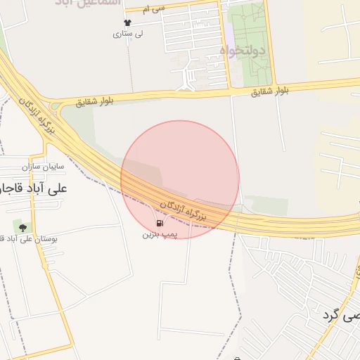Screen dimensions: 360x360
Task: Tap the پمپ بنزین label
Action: (157, 233)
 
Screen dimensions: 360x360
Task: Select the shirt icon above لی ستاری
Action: (127, 22)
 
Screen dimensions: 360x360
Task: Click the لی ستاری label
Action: (129, 33)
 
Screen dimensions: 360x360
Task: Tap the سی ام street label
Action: (153, 8)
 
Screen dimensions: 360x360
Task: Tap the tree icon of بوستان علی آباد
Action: (22, 227)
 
